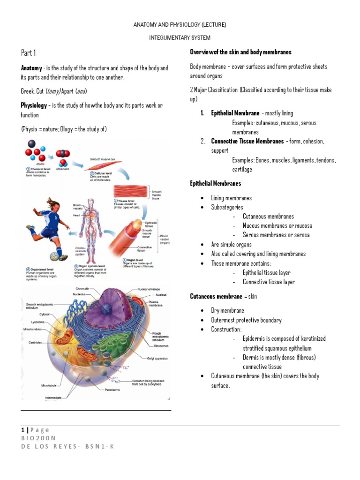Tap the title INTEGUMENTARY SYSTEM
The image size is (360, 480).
180,37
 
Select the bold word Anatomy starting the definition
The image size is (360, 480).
31,68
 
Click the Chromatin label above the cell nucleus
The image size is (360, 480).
83,289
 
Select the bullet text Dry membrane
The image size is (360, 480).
227,310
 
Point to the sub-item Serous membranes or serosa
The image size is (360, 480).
276,235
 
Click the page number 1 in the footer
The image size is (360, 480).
22,430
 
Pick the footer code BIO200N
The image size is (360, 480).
38,438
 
